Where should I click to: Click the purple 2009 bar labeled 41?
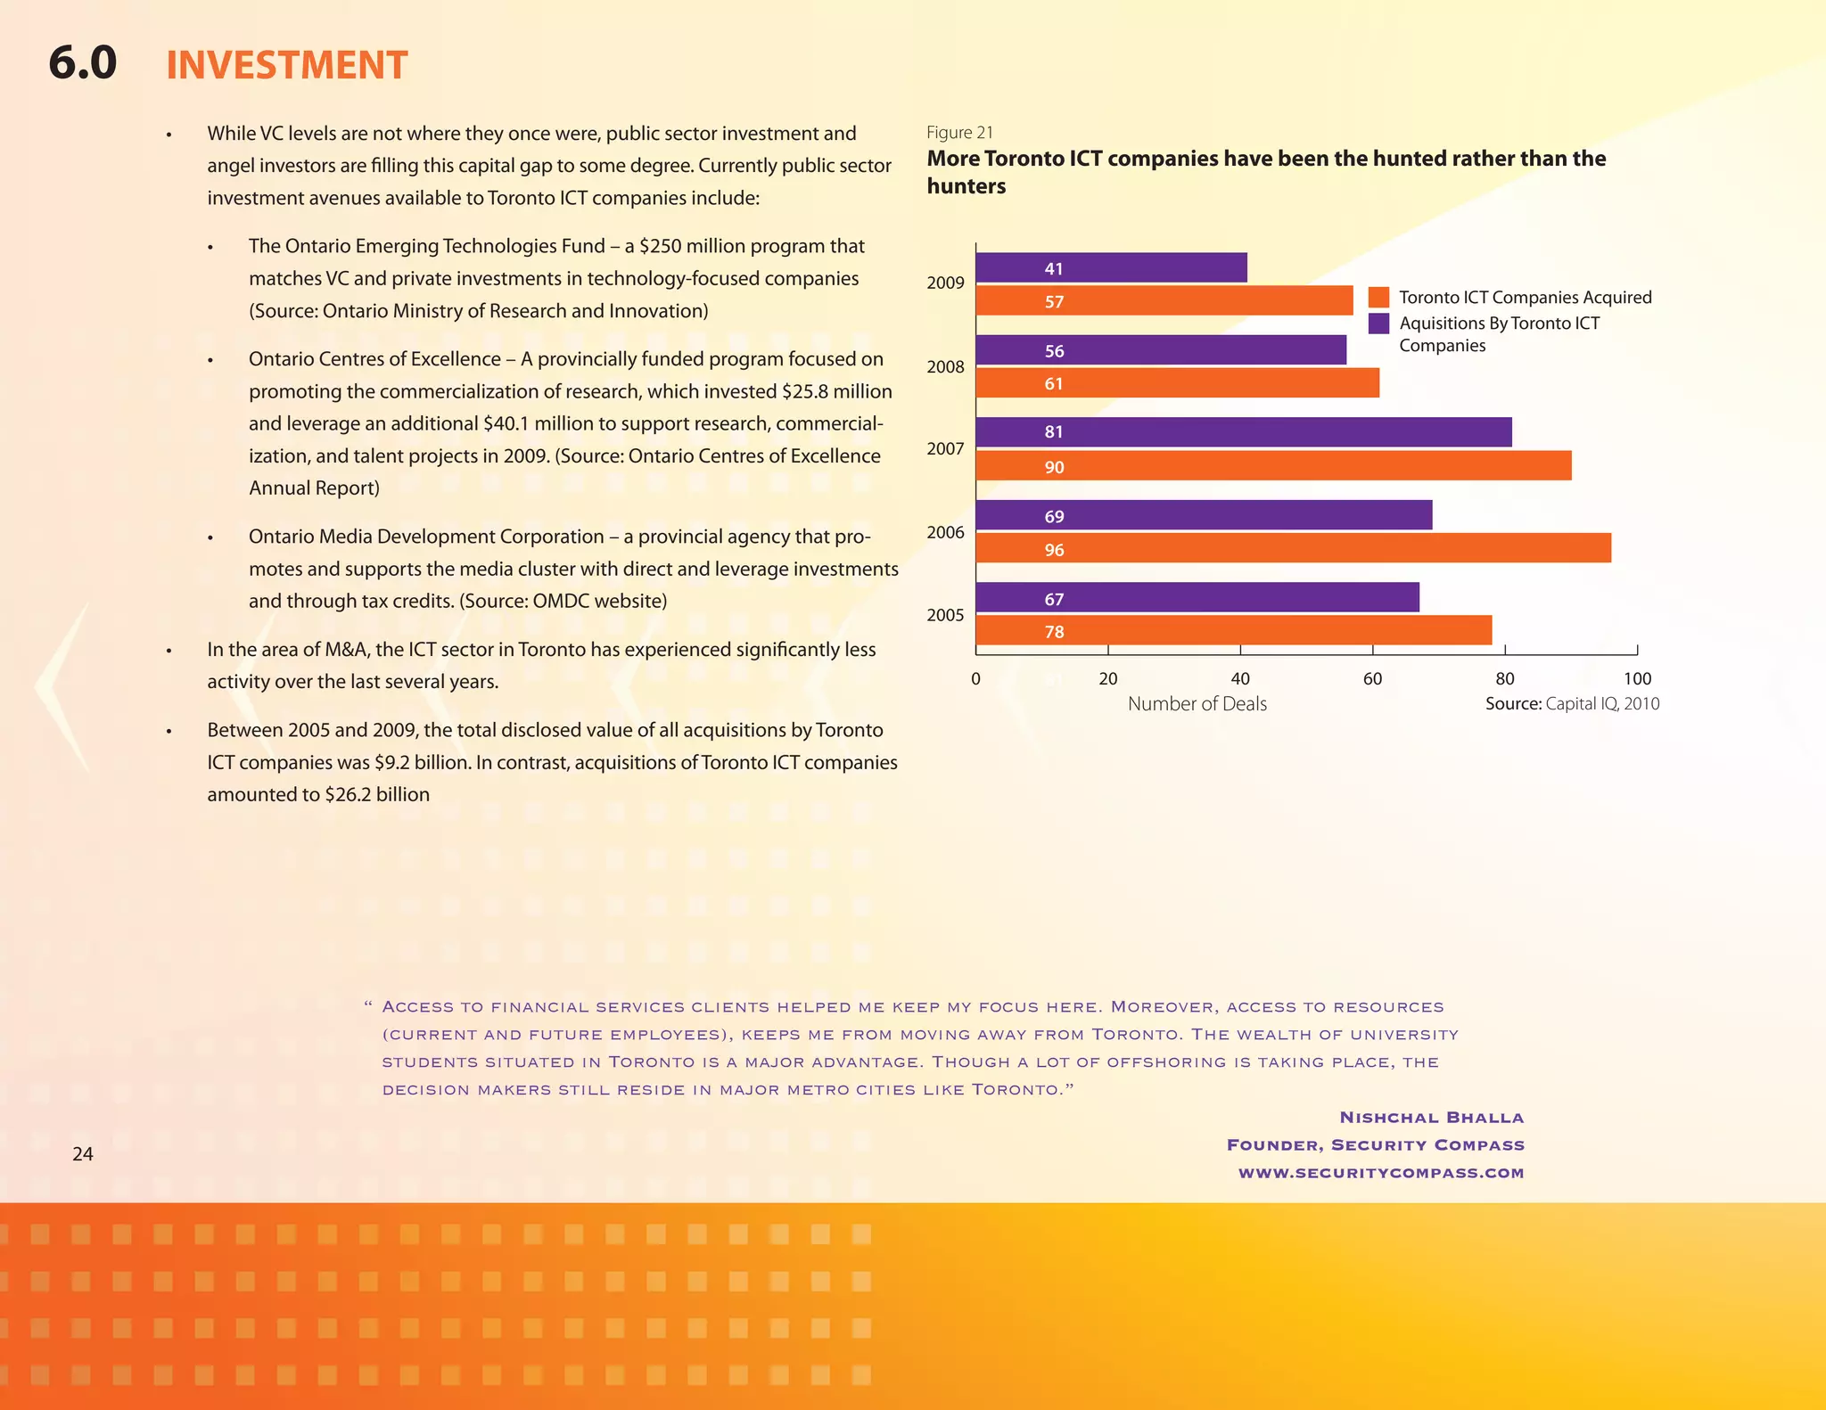pyautogui.click(x=1111, y=267)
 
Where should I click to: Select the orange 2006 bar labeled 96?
pyautogui.click(x=1293, y=548)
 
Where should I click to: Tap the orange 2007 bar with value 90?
pyautogui.click(x=1273, y=466)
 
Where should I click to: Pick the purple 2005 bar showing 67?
pyautogui.click(x=1197, y=597)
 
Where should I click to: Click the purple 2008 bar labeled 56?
pyautogui.click(x=1161, y=350)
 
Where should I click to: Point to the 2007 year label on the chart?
pyautogui.click(x=945, y=449)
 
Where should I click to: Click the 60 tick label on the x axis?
pyautogui.click(x=1372, y=679)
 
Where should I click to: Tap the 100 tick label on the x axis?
pyautogui.click(x=1636, y=679)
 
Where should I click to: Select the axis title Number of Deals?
pyautogui.click(x=1197, y=704)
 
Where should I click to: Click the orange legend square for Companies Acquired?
pyautogui.click(x=1378, y=298)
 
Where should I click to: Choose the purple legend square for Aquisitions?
pyautogui.click(x=1378, y=324)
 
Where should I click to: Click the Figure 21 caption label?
pyautogui.click(x=959, y=133)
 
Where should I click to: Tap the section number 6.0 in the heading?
pyautogui.click(x=82, y=64)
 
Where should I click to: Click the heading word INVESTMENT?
pyautogui.click(x=286, y=66)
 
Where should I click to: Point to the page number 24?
pyautogui.click(x=82, y=1154)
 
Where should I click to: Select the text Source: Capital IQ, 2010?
pyautogui.click(x=1572, y=704)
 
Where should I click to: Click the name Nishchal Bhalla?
pyautogui.click(x=1431, y=1118)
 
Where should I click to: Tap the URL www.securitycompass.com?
pyautogui.click(x=1380, y=1173)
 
